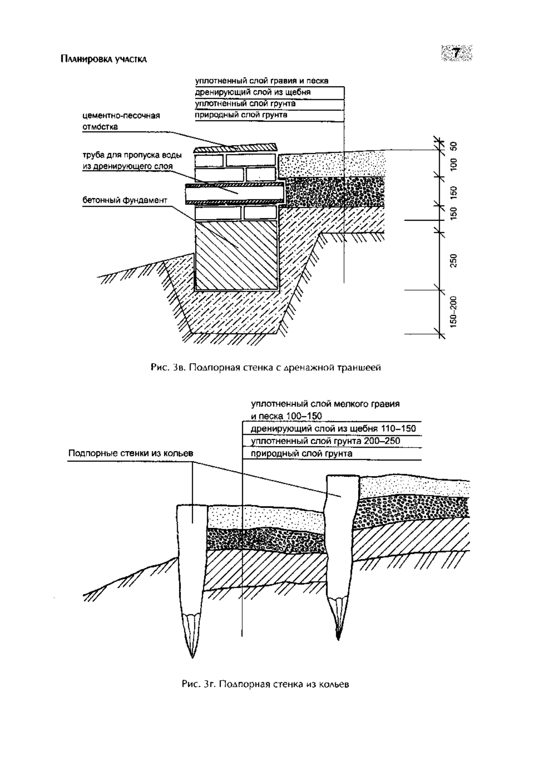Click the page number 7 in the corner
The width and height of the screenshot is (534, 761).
(x=456, y=53)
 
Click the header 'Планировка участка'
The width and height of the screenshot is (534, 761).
(x=104, y=59)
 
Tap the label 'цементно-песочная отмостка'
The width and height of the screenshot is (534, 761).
(x=121, y=121)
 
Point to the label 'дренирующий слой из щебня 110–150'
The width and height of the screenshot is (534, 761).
(x=333, y=429)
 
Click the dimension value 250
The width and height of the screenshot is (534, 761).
(x=453, y=261)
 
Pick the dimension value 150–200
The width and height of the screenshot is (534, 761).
(x=453, y=312)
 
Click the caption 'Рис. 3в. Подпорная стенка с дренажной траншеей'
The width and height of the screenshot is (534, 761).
(x=266, y=368)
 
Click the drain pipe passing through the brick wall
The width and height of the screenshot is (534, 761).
(x=235, y=194)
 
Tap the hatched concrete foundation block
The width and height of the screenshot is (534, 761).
(x=236, y=255)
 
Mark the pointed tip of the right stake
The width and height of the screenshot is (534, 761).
(x=338, y=640)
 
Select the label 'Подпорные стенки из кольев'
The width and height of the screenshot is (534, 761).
(x=131, y=453)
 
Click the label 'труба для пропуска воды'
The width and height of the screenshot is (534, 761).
(x=132, y=155)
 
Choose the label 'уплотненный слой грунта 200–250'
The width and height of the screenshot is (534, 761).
(x=325, y=441)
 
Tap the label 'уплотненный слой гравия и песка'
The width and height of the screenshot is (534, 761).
(x=262, y=81)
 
